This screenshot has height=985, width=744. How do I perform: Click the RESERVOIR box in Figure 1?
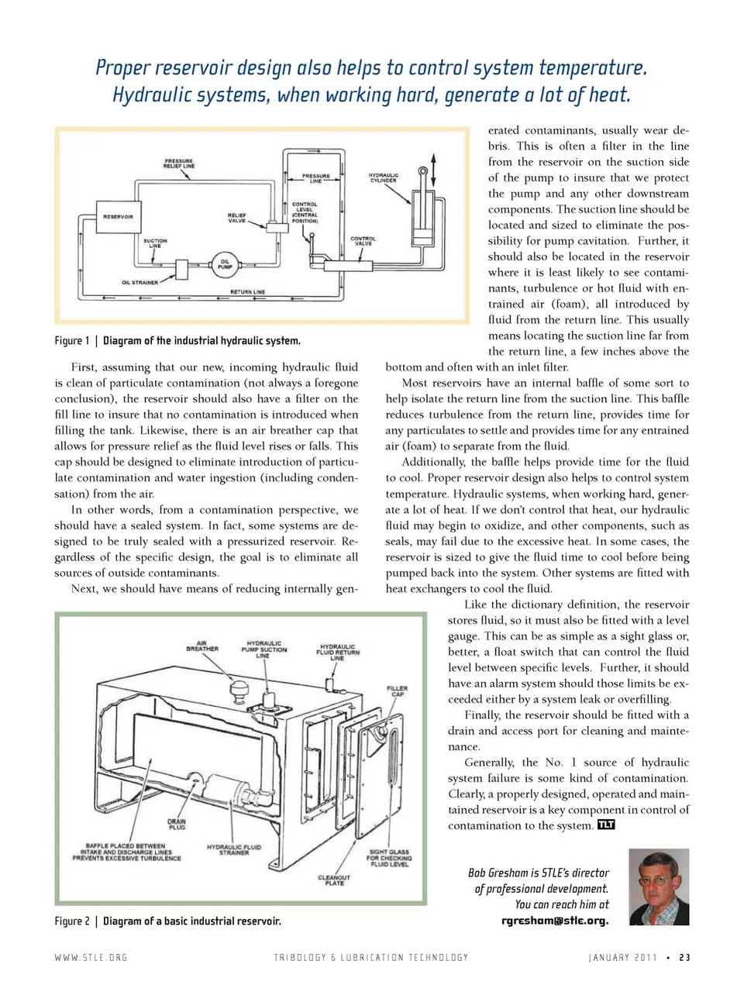pyautogui.click(x=118, y=216)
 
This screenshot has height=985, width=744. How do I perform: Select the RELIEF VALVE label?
pyautogui.click(x=236, y=217)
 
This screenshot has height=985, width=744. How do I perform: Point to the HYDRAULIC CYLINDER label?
pyautogui.click(x=384, y=177)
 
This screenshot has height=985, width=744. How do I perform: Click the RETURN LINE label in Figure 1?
pyautogui.click(x=247, y=292)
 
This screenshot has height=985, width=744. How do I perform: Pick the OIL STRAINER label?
pyautogui.click(x=139, y=283)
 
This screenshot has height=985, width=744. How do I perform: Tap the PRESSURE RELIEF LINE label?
pyautogui.click(x=179, y=164)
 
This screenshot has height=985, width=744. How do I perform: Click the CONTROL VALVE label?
pyautogui.click(x=363, y=241)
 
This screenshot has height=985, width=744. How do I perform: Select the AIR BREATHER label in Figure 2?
pyautogui.click(x=202, y=646)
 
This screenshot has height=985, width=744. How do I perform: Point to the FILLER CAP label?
pyautogui.click(x=397, y=691)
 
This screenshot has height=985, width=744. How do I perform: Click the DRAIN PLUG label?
pyautogui.click(x=177, y=824)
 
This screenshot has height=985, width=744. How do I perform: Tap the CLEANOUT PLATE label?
pyautogui.click(x=334, y=880)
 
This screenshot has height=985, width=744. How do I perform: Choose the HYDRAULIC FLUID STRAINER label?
pyautogui.click(x=234, y=849)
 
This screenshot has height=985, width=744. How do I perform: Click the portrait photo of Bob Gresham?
pyautogui.click(x=659, y=887)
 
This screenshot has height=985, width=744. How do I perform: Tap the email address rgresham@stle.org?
pyautogui.click(x=555, y=921)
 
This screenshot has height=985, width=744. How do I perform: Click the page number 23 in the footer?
pyautogui.click(x=684, y=957)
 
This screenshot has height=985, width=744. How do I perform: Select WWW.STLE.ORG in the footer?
pyautogui.click(x=91, y=957)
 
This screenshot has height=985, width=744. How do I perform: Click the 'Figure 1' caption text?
pyautogui.click(x=71, y=341)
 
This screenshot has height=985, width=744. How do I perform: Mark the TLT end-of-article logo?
pyautogui.click(x=606, y=825)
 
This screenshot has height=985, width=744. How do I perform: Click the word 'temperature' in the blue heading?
pyautogui.click(x=591, y=68)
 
